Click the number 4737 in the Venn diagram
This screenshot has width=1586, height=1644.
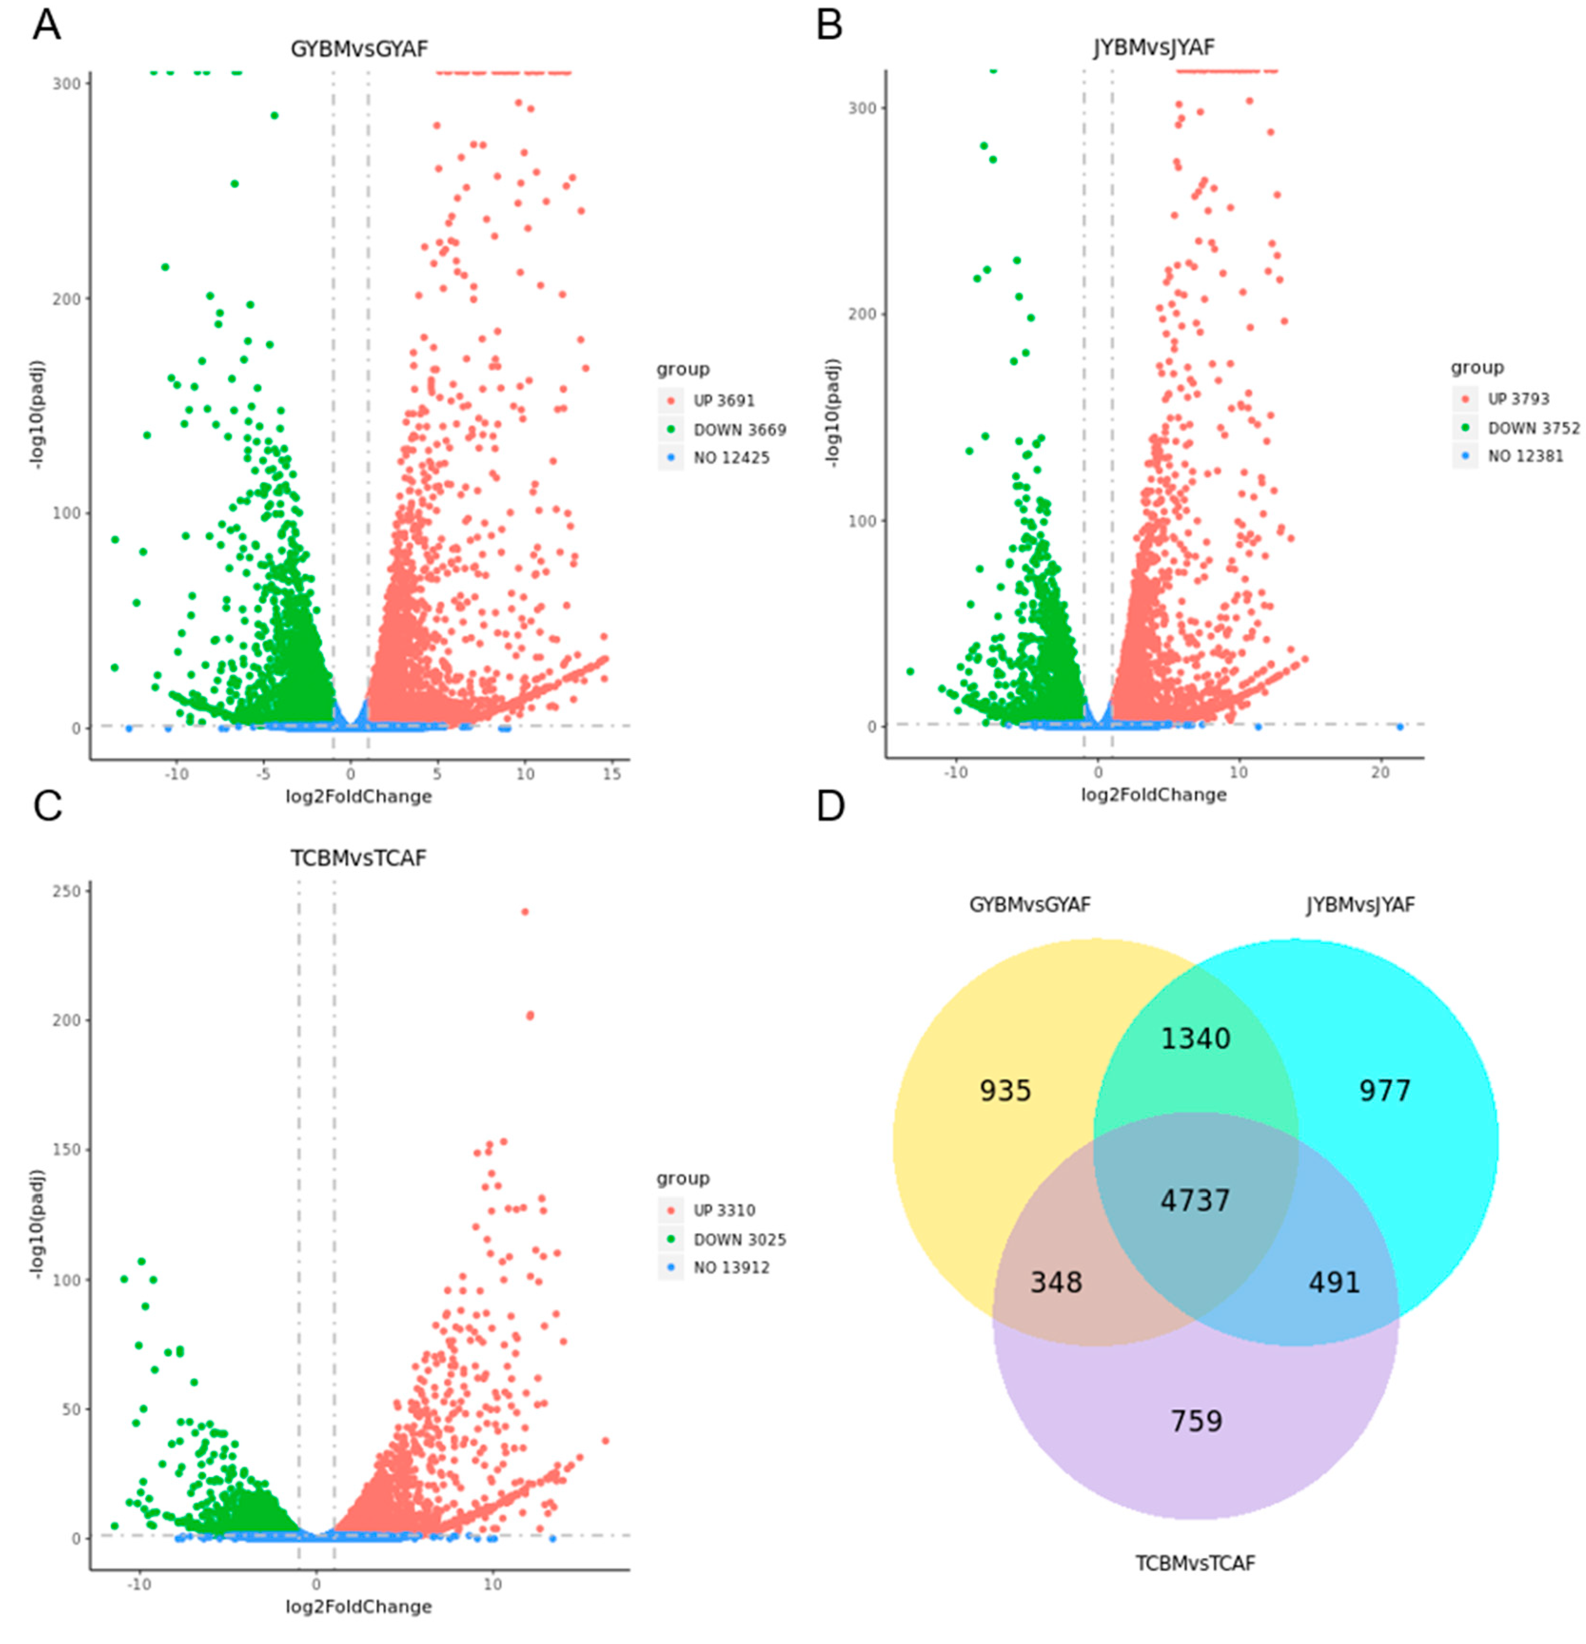coord(1194,1200)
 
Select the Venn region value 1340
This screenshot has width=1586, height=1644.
coord(1194,1038)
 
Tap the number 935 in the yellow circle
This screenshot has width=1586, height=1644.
coord(1005,1090)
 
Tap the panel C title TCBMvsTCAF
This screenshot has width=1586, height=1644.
coord(358,858)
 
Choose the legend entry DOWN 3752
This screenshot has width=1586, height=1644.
coord(1532,428)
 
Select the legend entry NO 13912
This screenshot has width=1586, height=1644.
coord(730,1267)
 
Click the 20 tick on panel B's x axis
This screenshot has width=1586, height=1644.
coord(1379,773)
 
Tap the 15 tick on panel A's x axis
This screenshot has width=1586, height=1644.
coord(612,773)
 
